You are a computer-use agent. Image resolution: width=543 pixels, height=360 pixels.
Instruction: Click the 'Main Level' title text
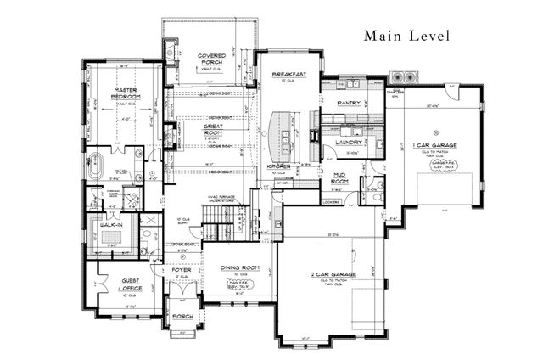[x=406, y=36]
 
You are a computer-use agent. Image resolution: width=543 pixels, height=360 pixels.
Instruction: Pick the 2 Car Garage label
[x=333, y=274]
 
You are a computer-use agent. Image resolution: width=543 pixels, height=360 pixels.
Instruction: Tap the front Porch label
[x=182, y=317]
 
